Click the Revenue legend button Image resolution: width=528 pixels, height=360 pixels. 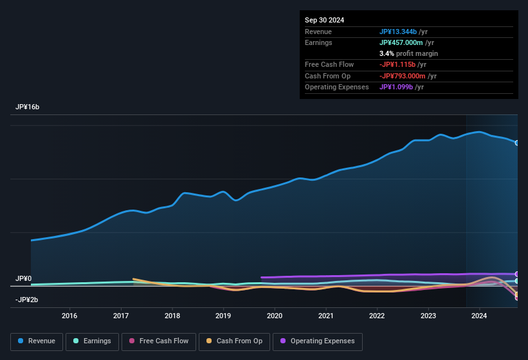coord(37,341)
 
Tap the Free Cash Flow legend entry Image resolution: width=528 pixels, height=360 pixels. coord(159,341)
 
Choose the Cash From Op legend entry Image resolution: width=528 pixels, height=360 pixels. coord(234,341)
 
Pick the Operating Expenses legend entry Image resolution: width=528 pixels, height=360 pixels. coord(318,341)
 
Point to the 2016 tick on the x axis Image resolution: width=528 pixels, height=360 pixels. coord(69,316)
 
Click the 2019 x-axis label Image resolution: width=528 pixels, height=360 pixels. coord(223,316)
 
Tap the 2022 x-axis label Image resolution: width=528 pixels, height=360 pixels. coord(377,316)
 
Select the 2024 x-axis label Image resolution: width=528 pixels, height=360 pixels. coord(479,316)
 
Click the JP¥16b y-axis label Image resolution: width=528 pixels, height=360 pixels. coord(28,107)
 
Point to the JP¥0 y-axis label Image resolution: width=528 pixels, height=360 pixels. coord(24,278)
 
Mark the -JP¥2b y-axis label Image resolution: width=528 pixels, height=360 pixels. coord(27,300)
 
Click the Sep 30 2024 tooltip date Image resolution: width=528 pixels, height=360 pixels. coord(325,20)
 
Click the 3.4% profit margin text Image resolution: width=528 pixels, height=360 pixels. coord(409,53)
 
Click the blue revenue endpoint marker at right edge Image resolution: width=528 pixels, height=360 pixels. coord(517,143)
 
